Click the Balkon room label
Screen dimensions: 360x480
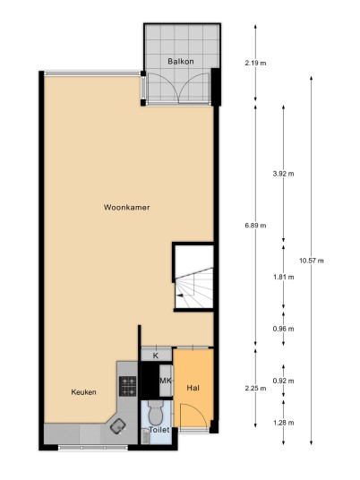coord(181,61)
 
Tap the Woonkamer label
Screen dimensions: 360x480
coord(127,207)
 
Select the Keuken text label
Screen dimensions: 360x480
coord(83,392)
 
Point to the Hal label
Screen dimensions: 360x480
coord(193,388)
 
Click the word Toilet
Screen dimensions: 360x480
coord(159,430)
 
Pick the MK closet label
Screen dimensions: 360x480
coord(166,381)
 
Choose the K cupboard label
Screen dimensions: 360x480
coord(156,356)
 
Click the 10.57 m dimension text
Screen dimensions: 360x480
coord(312,261)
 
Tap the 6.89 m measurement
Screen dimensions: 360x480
coord(255,226)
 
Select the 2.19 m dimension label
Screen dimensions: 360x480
coord(255,64)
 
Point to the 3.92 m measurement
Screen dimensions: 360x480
coord(284,174)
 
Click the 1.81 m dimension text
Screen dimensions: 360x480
coord(284,277)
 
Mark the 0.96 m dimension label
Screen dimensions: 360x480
coord(284,329)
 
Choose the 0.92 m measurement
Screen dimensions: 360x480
coord(284,381)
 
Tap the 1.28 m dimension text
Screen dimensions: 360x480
coord(284,423)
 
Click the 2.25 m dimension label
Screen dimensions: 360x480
coord(255,389)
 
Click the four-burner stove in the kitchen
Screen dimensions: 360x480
coord(128,386)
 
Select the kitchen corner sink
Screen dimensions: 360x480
coord(117,425)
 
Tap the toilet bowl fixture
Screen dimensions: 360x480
coord(156,412)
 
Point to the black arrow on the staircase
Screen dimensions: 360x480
coord(180,296)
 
